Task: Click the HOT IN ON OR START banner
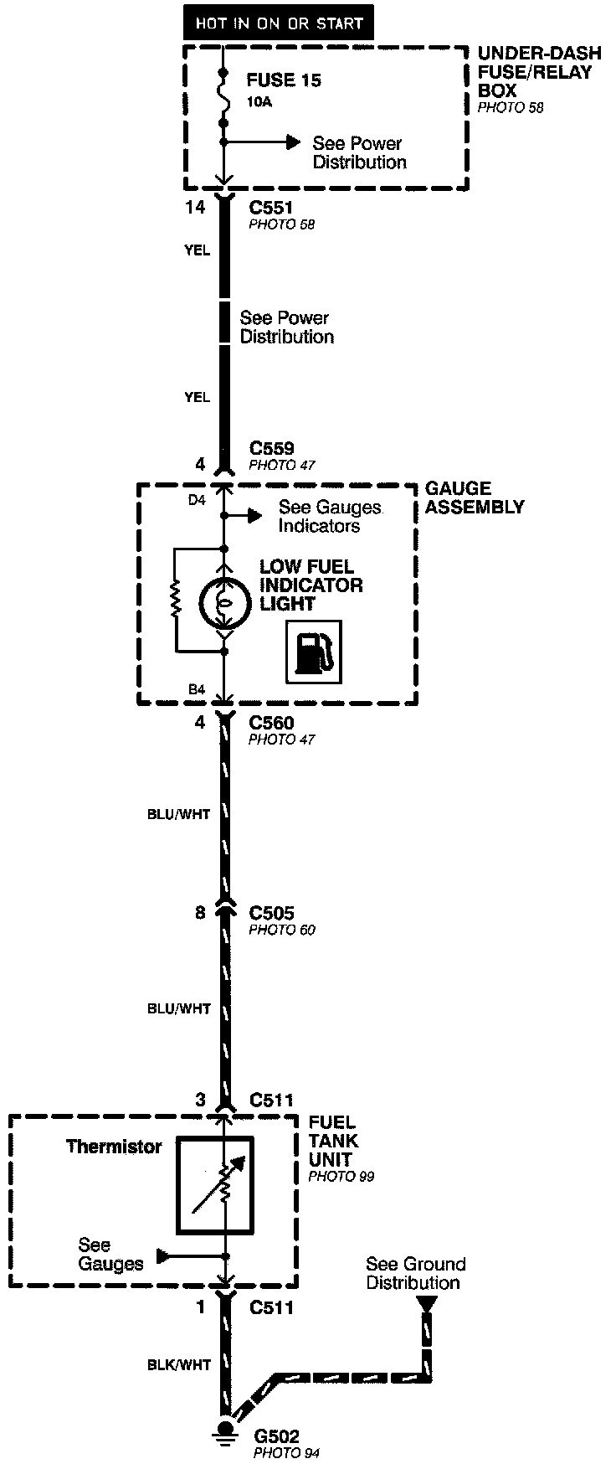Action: [x=279, y=23]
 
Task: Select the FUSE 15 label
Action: [x=284, y=80]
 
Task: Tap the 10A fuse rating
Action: [x=259, y=102]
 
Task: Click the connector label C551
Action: [x=271, y=206]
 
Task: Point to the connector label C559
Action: [x=271, y=448]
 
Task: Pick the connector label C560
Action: [x=271, y=722]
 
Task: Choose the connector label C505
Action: [x=271, y=912]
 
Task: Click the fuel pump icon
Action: [x=313, y=651]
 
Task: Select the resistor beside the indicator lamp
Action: [x=176, y=600]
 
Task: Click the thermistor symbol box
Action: [x=214, y=1185]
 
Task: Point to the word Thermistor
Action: [x=114, y=1147]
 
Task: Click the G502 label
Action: [x=275, y=1436]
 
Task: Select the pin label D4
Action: [x=197, y=500]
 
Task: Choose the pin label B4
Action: [x=197, y=689]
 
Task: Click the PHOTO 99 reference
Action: [x=341, y=1177]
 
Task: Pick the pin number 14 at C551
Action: [x=194, y=206]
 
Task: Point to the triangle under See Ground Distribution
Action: [x=427, y=1304]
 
